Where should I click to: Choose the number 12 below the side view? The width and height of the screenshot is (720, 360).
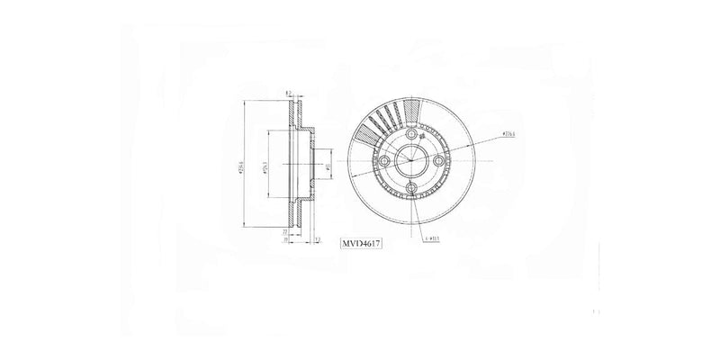(x=318, y=238)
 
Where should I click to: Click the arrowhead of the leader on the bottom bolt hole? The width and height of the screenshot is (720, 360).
(x=413, y=194)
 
